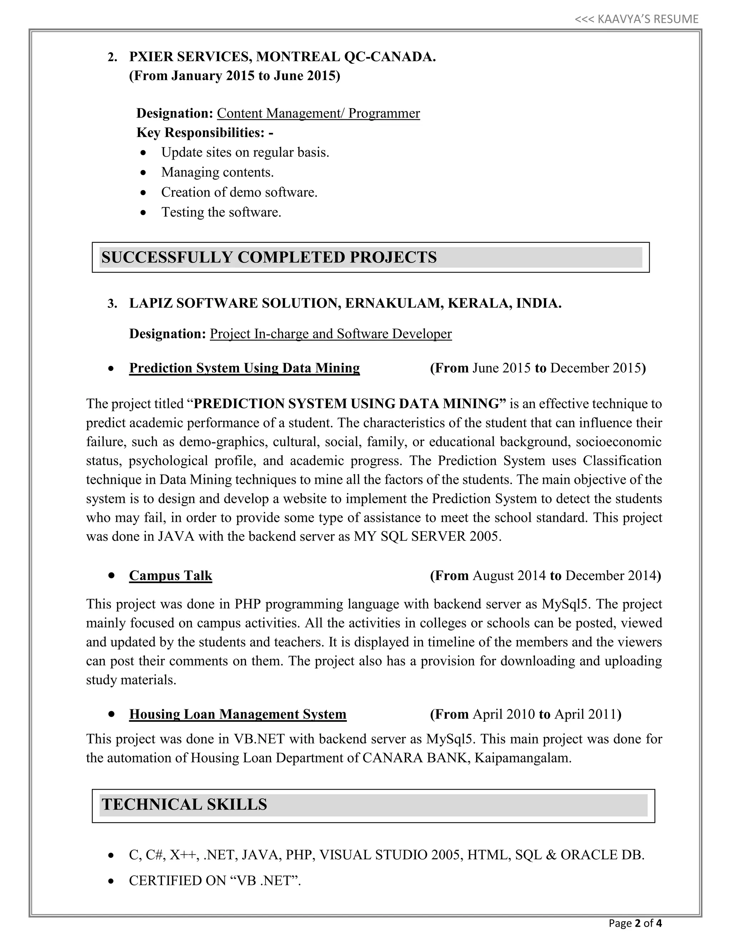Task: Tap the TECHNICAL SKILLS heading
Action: point(185,804)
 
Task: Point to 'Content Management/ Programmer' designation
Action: point(318,114)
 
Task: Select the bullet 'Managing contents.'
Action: point(217,172)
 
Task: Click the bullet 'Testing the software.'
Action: point(221,212)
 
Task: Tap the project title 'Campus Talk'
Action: point(171,576)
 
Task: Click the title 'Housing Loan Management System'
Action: point(238,714)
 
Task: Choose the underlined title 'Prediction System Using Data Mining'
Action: point(244,368)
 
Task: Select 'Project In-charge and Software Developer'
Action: point(331,334)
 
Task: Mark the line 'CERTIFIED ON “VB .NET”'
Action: point(215,881)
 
